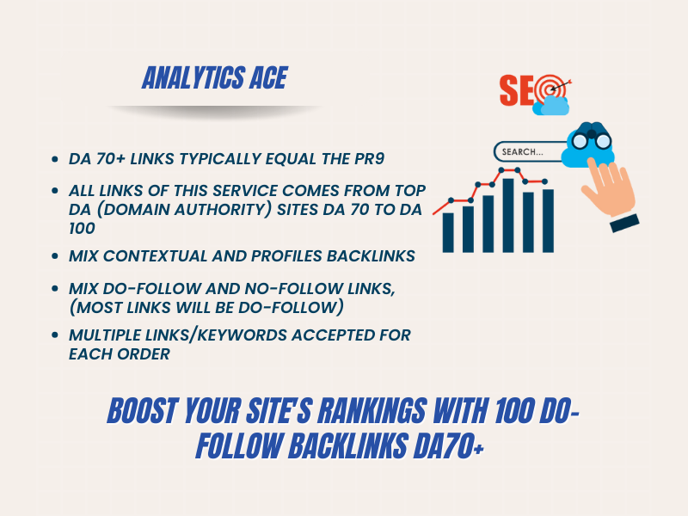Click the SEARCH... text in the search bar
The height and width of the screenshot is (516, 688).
click(523, 152)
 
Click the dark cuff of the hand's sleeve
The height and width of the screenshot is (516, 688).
click(624, 221)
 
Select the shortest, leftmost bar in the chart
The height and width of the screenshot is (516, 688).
click(448, 230)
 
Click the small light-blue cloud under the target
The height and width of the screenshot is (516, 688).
click(550, 106)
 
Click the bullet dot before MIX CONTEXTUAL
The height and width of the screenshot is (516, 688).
click(57, 257)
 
